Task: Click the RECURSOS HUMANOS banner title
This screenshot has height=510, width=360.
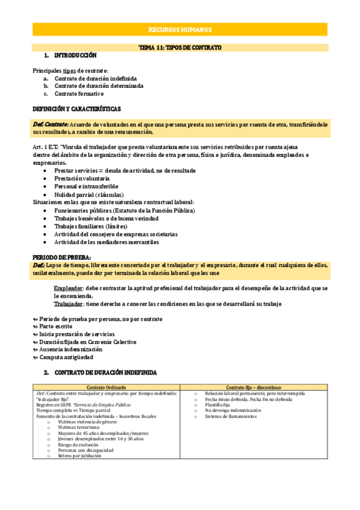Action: (180, 29)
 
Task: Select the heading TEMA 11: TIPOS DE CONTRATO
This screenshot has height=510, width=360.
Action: (180, 47)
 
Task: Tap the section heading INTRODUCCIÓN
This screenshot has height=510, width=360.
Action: (75, 55)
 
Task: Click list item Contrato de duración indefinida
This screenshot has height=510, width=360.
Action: (95, 78)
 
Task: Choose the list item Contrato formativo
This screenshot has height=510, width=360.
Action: (79, 94)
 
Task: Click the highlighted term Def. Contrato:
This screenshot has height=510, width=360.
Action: (50, 124)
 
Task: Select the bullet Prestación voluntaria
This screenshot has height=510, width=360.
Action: (82, 179)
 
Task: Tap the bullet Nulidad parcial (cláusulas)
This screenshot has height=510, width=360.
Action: (89, 195)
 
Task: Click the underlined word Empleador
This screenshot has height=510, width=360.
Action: (68, 289)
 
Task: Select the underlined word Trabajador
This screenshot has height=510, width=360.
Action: (68, 304)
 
